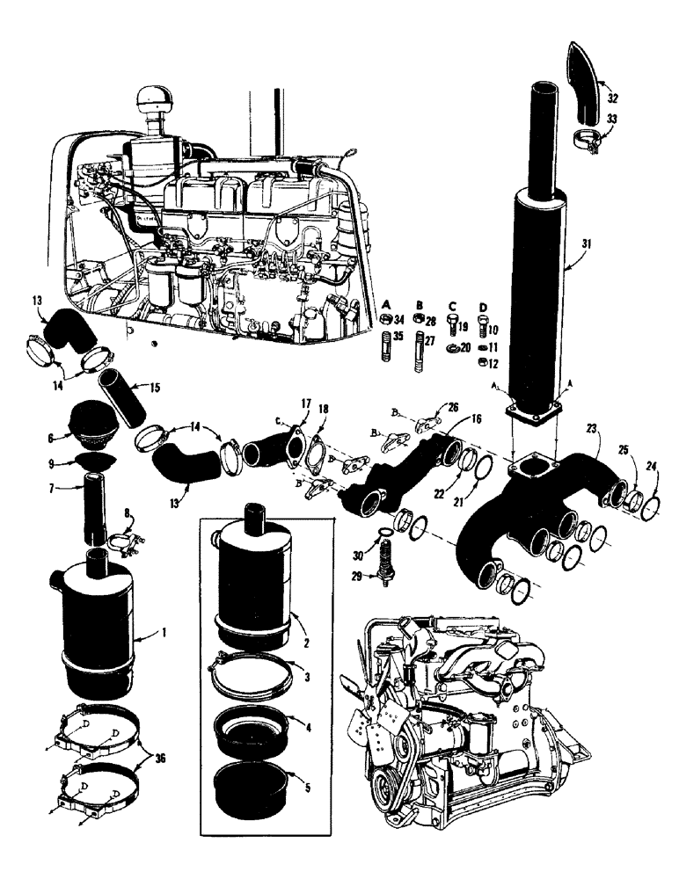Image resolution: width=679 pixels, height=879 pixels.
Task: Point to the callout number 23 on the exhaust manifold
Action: (x=592, y=428)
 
